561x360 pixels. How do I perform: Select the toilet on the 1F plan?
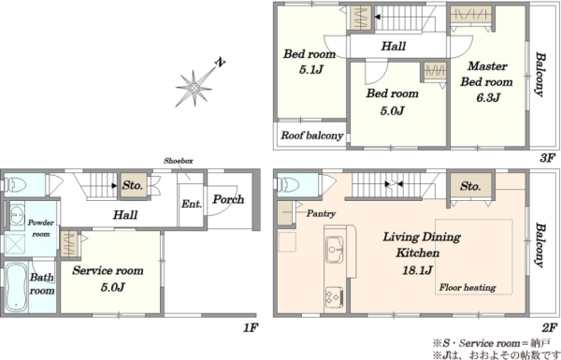coord(17,184)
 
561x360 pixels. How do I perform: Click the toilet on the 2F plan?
coord(289,184)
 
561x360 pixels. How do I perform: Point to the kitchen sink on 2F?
coord(334,249)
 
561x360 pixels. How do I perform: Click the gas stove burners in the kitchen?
coord(334,296)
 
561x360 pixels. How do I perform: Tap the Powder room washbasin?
coord(15,214)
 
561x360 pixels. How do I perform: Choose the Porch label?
coord(228,199)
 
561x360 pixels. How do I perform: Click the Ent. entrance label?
coord(192,204)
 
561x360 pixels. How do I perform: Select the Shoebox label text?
coord(179,161)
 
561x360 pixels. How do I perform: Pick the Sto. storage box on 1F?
coord(133,185)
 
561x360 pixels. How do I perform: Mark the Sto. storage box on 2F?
coord(470,186)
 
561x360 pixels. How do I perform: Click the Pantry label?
coord(321,213)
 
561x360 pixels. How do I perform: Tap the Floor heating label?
coord(467,287)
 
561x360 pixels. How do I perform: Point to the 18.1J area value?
coord(417,270)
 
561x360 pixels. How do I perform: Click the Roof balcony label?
coord(311,136)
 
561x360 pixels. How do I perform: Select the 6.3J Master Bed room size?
coord(488,97)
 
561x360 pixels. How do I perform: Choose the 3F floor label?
coord(547,158)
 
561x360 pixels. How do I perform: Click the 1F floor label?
coord(251,327)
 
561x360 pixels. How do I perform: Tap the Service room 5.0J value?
coord(112,287)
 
